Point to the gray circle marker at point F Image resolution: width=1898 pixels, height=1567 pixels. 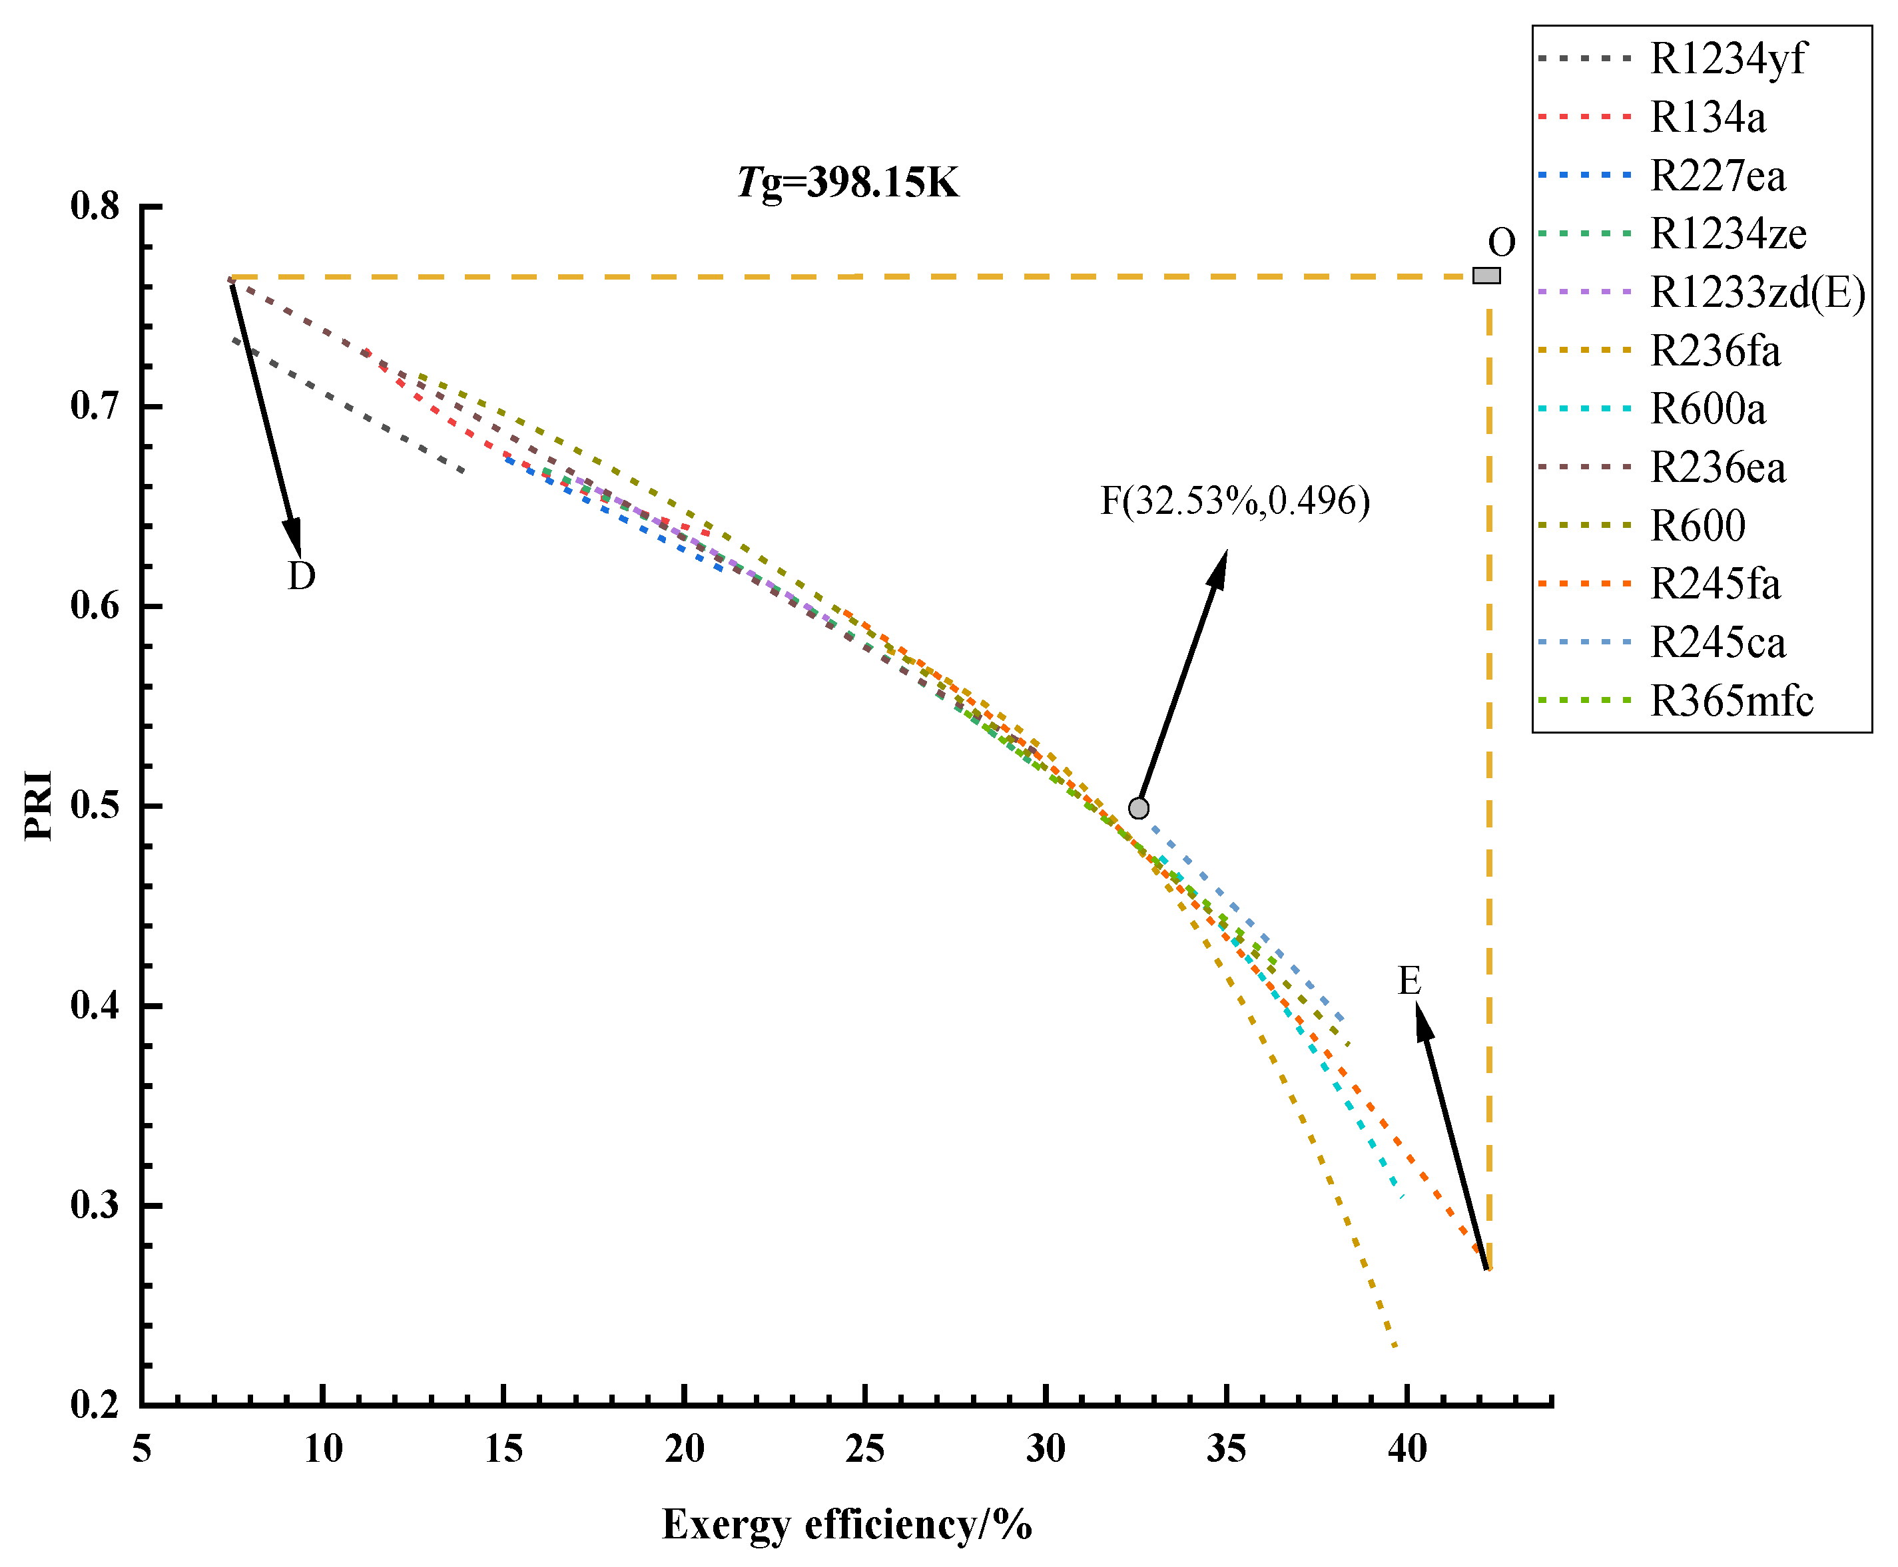click(x=1139, y=808)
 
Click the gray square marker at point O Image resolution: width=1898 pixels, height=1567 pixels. click(x=1486, y=276)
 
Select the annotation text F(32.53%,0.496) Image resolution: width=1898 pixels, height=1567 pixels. click(x=1234, y=501)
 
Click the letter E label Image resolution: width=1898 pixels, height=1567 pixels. click(x=1409, y=981)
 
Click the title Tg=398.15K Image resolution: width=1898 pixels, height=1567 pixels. click(x=847, y=183)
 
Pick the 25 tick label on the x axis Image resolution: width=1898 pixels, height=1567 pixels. click(x=864, y=1451)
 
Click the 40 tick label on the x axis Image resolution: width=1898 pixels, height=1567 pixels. click(x=1407, y=1451)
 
